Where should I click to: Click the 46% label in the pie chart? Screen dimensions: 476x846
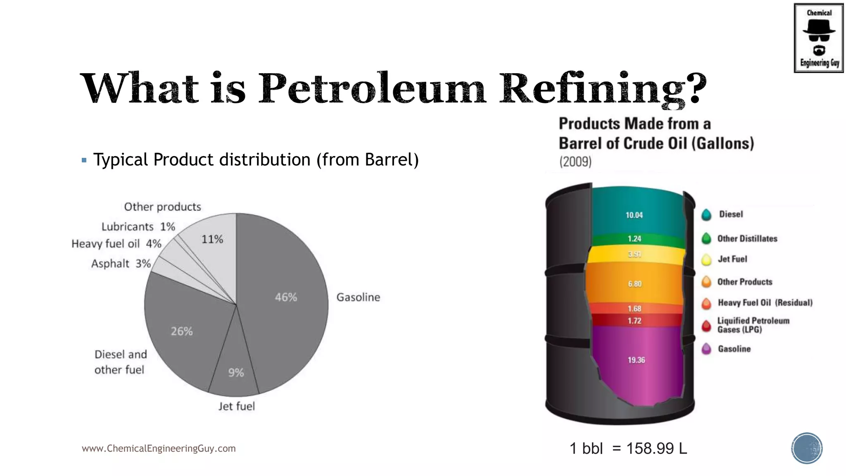(286, 297)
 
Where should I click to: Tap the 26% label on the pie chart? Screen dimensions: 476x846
(182, 331)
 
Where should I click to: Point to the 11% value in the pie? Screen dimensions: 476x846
(212, 239)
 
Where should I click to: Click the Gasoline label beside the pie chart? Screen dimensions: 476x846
(358, 297)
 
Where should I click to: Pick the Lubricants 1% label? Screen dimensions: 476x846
(138, 227)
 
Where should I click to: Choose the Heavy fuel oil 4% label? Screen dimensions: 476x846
(116, 244)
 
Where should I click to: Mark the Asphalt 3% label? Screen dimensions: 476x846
(121, 264)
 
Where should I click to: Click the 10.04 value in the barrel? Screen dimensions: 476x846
(634, 215)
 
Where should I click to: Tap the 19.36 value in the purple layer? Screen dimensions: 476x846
(636, 360)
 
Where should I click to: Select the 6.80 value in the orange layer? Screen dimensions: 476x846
(635, 284)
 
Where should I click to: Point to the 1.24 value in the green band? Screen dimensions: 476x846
(634, 239)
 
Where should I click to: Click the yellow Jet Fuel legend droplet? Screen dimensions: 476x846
(706, 259)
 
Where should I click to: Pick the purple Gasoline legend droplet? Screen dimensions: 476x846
(706, 349)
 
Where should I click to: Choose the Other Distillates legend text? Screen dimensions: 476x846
(747, 239)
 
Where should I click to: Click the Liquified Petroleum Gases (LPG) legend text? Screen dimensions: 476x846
(753, 325)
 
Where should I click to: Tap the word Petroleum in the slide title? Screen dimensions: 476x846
(372, 88)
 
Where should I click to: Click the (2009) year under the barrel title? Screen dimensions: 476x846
(575, 162)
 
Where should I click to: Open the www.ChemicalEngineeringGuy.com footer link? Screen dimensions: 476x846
(159, 449)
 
